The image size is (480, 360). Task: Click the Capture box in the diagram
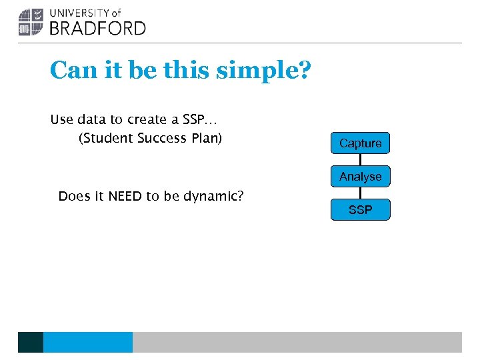click(360, 143)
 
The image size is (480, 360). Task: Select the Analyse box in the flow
click(360, 177)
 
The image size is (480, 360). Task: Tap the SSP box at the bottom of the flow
click(360, 210)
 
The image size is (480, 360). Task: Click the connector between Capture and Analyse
click(360, 160)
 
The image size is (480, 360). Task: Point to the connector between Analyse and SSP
click(360, 193)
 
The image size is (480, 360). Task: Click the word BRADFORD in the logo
click(97, 28)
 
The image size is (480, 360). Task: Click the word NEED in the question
click(125, 196)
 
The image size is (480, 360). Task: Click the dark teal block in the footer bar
click(31, 342)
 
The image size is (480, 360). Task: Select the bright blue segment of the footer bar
click(87, 342)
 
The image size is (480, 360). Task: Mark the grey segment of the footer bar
click(297, 342)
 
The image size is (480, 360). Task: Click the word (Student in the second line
click(106, 139)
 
